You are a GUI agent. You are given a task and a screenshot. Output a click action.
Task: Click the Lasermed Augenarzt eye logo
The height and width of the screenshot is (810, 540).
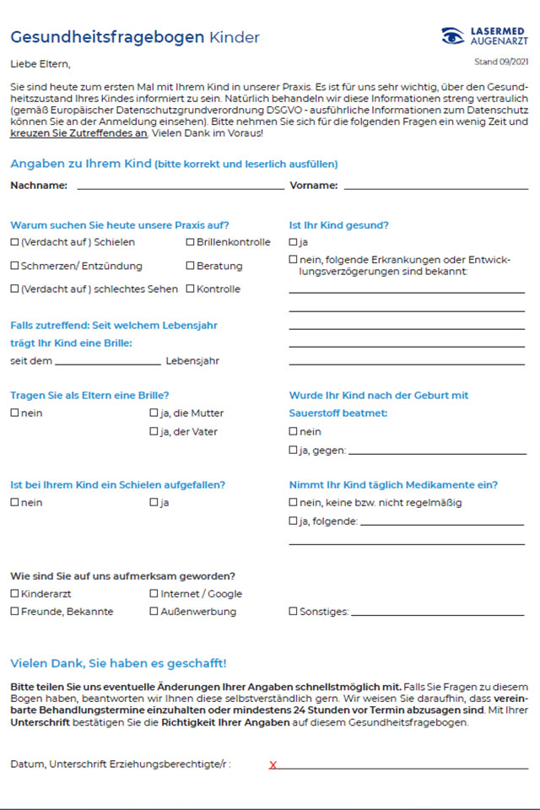point(453,35)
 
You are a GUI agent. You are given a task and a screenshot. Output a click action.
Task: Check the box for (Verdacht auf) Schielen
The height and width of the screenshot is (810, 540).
point(14,242)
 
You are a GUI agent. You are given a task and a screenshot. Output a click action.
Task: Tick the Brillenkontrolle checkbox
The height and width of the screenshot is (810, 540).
point(190,242)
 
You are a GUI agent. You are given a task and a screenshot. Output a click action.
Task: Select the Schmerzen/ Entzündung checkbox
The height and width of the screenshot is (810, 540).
point(14,266)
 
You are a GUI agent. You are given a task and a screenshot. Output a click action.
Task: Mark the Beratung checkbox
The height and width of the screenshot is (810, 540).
point(190,266)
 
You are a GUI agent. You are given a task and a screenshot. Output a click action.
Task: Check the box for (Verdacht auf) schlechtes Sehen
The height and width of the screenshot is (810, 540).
point(14,289)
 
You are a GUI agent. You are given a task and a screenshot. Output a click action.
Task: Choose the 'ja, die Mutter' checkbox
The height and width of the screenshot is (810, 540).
point(154,413)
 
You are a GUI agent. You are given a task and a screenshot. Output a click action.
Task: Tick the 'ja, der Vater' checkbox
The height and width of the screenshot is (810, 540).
point(154,432)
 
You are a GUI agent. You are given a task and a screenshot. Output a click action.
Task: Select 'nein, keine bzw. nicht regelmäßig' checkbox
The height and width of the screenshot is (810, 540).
point(293,503)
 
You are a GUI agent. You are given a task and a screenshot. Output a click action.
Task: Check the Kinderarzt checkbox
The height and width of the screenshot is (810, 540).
point(14,593)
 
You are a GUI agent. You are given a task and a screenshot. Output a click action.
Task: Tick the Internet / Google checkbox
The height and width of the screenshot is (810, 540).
point(154,593)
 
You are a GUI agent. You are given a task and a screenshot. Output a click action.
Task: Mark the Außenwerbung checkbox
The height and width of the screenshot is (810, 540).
point(154,612)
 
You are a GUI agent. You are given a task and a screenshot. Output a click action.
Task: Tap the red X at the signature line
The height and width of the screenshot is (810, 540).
point(273,765)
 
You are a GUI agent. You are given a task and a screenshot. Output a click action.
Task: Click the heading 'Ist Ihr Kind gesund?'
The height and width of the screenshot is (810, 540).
point(338,225)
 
